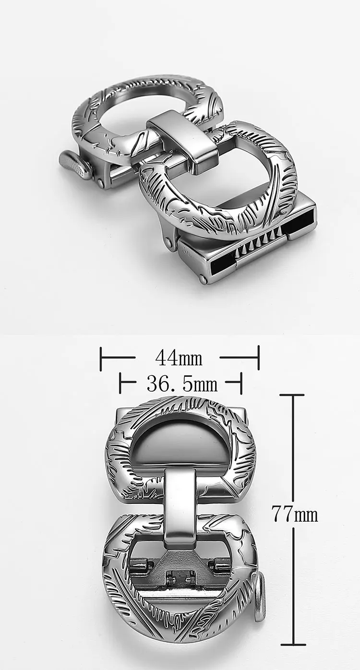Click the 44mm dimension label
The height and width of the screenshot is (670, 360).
179,358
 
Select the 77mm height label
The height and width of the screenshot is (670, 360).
294,514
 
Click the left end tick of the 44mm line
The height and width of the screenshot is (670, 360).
101,358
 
